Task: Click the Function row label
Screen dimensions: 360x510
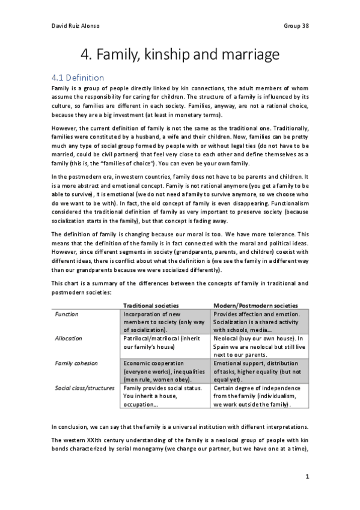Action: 67,314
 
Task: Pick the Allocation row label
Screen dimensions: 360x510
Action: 69,339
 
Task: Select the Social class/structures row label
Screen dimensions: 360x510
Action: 84,388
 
